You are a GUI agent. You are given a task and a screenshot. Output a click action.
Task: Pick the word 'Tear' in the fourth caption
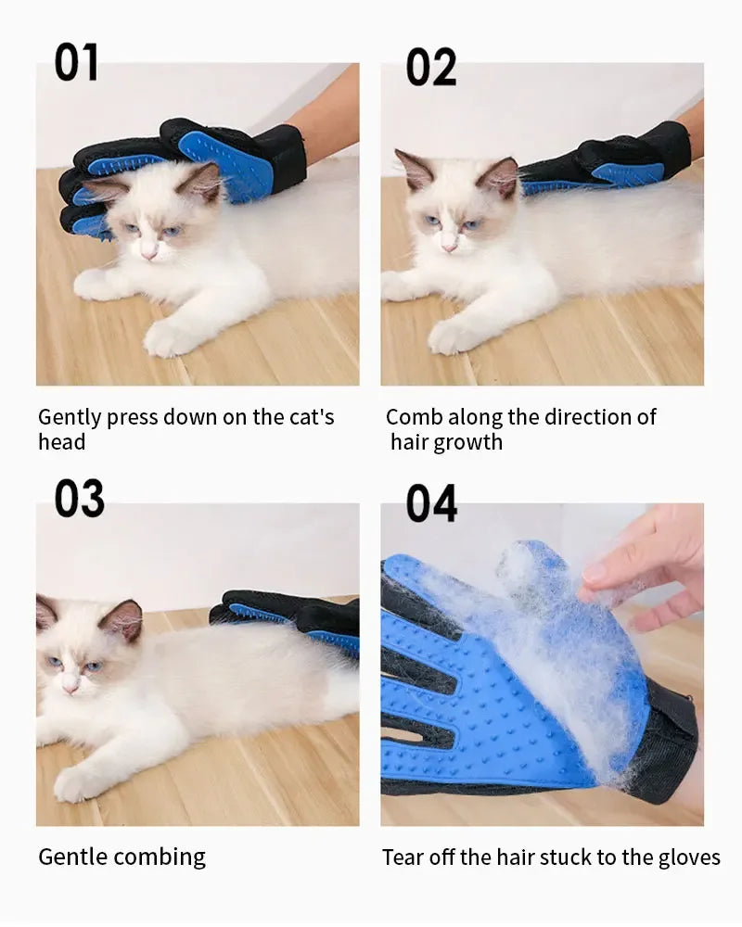(403, 857)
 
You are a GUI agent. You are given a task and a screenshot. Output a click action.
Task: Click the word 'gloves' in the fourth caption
(691, 857)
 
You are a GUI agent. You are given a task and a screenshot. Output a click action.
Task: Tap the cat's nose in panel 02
(449, 248)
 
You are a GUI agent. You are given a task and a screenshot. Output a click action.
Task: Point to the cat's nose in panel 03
(70, 687)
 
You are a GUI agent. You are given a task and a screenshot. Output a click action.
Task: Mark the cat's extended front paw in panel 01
(167, 338)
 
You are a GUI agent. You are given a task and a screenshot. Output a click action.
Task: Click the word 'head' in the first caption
(61, 442)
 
